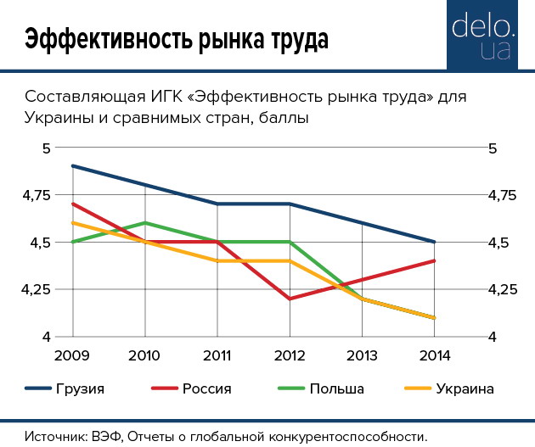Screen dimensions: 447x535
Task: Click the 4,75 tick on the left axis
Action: point(37,196)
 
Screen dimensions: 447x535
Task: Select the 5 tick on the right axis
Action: point(490,148)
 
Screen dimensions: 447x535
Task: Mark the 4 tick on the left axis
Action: point(48,338)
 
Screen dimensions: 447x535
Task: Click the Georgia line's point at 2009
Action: point(73,166)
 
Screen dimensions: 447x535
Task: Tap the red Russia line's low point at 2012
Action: point(290,299)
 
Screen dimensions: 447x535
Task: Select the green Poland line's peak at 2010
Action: point(145,223)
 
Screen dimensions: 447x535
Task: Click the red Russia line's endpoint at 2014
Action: point(435,261)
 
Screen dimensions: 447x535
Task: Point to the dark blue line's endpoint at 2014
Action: point(435,242)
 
